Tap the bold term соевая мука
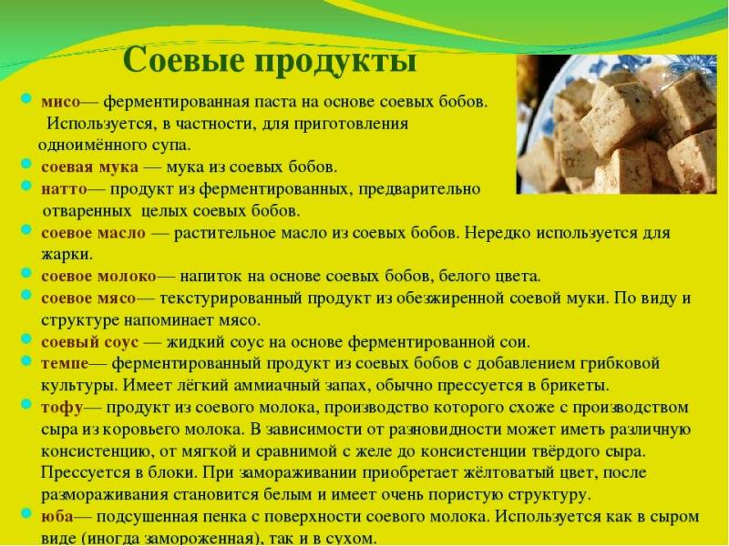[90, 167]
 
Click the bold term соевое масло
[94, 233]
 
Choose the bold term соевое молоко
[98, 276]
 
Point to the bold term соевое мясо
[88, 298]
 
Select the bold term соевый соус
[90, 342]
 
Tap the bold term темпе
[64, 363]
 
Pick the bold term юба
[57, 516]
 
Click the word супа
[170, 145]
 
